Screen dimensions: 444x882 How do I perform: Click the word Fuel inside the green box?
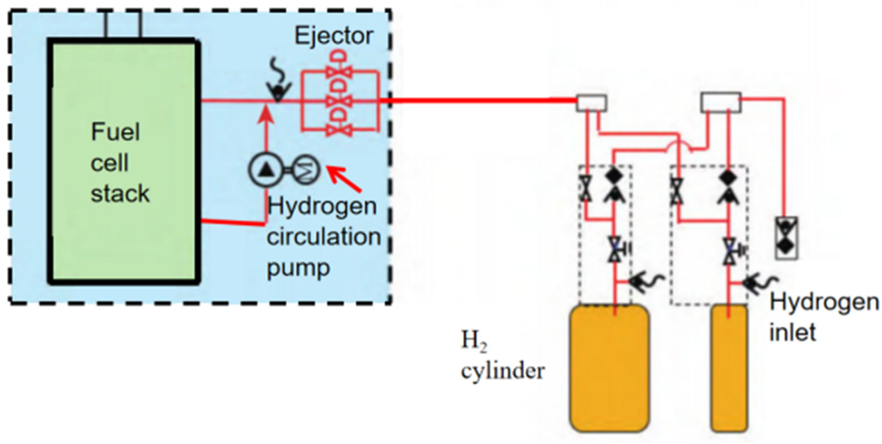[115, 132]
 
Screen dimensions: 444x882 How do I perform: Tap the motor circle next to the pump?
[306, 170]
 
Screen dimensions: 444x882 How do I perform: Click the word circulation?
[323, 237]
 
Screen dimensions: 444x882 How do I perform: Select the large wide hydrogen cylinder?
[610, 367]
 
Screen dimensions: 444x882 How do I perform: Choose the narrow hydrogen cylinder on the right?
[729, 367]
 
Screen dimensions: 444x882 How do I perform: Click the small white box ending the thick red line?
[591, 103]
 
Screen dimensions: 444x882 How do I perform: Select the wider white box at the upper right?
[721, 102]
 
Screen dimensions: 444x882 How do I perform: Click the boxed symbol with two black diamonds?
[786, 238]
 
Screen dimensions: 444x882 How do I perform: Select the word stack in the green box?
[120, 194]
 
